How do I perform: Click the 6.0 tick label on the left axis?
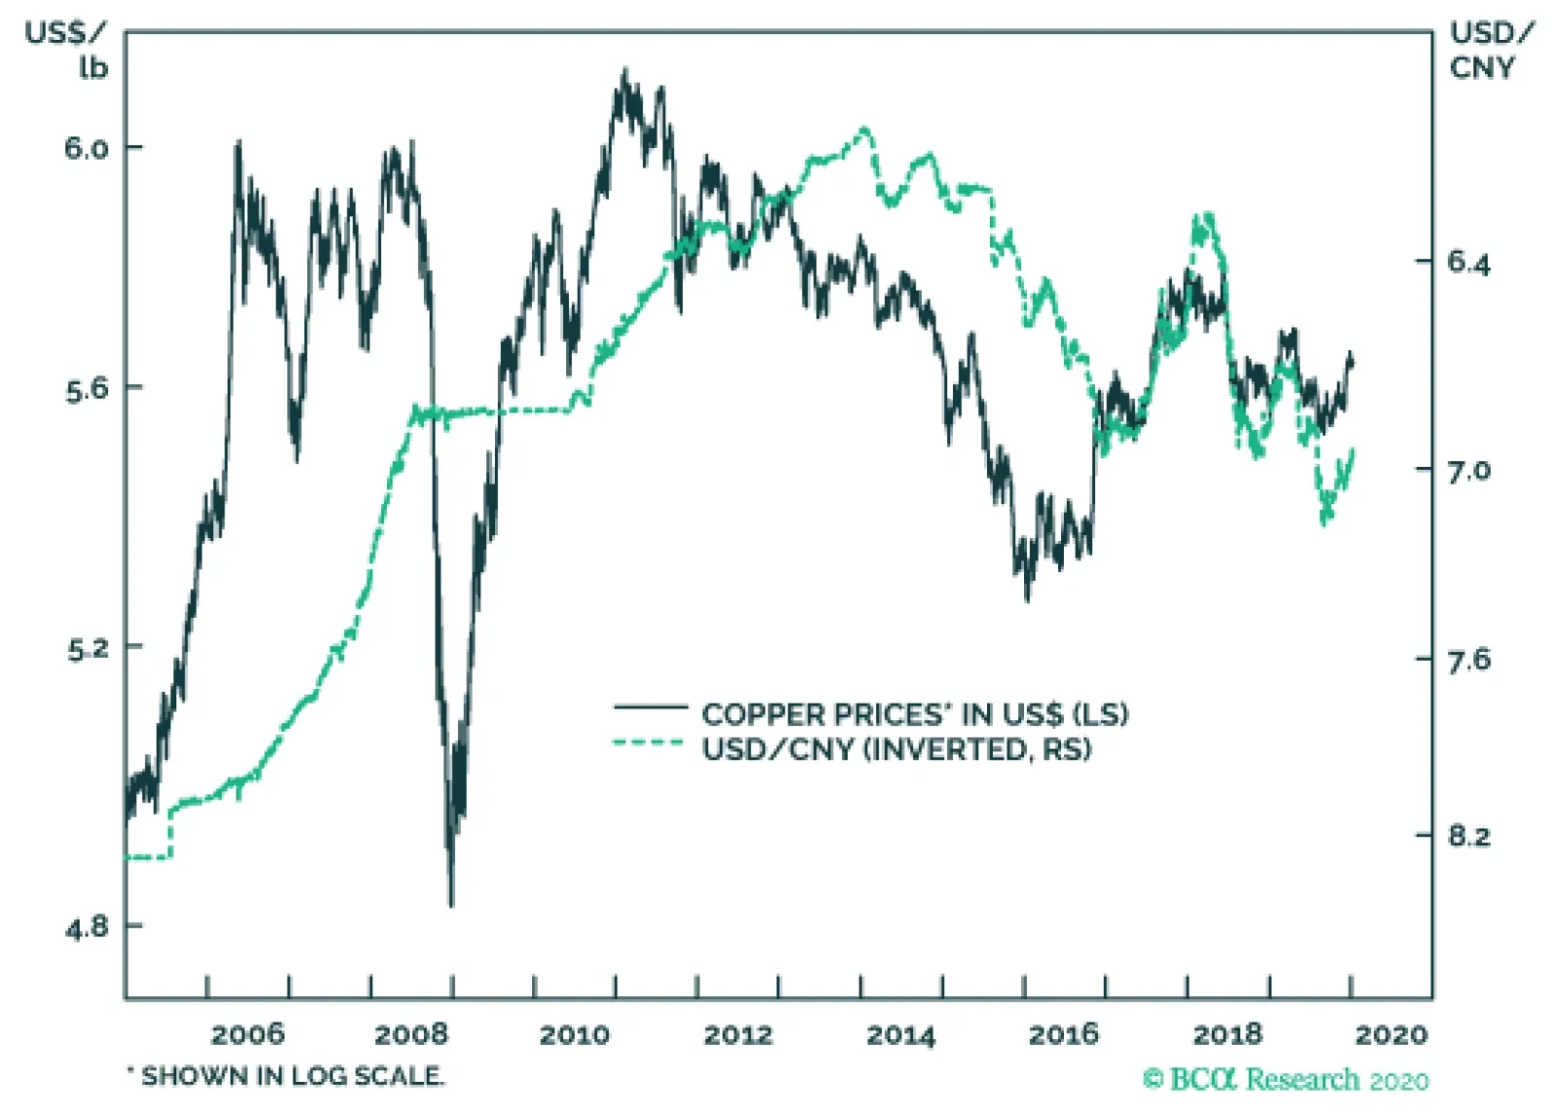(x=86, y=148)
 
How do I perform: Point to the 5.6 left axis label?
(x=86, y=389)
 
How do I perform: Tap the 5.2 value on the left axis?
(x=86, y=648)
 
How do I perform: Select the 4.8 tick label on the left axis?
(x=86, y=927)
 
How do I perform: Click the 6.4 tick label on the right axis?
(x=1468, y=263)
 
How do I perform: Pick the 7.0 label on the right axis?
(x=1468, y=471)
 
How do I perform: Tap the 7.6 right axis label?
(x=1468, y=661)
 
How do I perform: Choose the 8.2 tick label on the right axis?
(x=1468, y=836)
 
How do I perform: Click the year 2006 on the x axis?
(x=248, y=1033)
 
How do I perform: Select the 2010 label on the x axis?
(x=575, y=1033)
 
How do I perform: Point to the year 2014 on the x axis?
(x=901, y=1033)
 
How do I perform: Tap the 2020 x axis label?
(x=1391, y=1033)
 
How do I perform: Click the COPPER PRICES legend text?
(x=914, y=714)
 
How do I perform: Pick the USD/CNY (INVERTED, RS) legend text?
(x=897, y=749)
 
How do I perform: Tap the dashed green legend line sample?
(x=650, y=744)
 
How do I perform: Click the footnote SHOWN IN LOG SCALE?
(x=287, y=1076)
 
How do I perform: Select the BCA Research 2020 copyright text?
(x=1286, y=1079)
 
